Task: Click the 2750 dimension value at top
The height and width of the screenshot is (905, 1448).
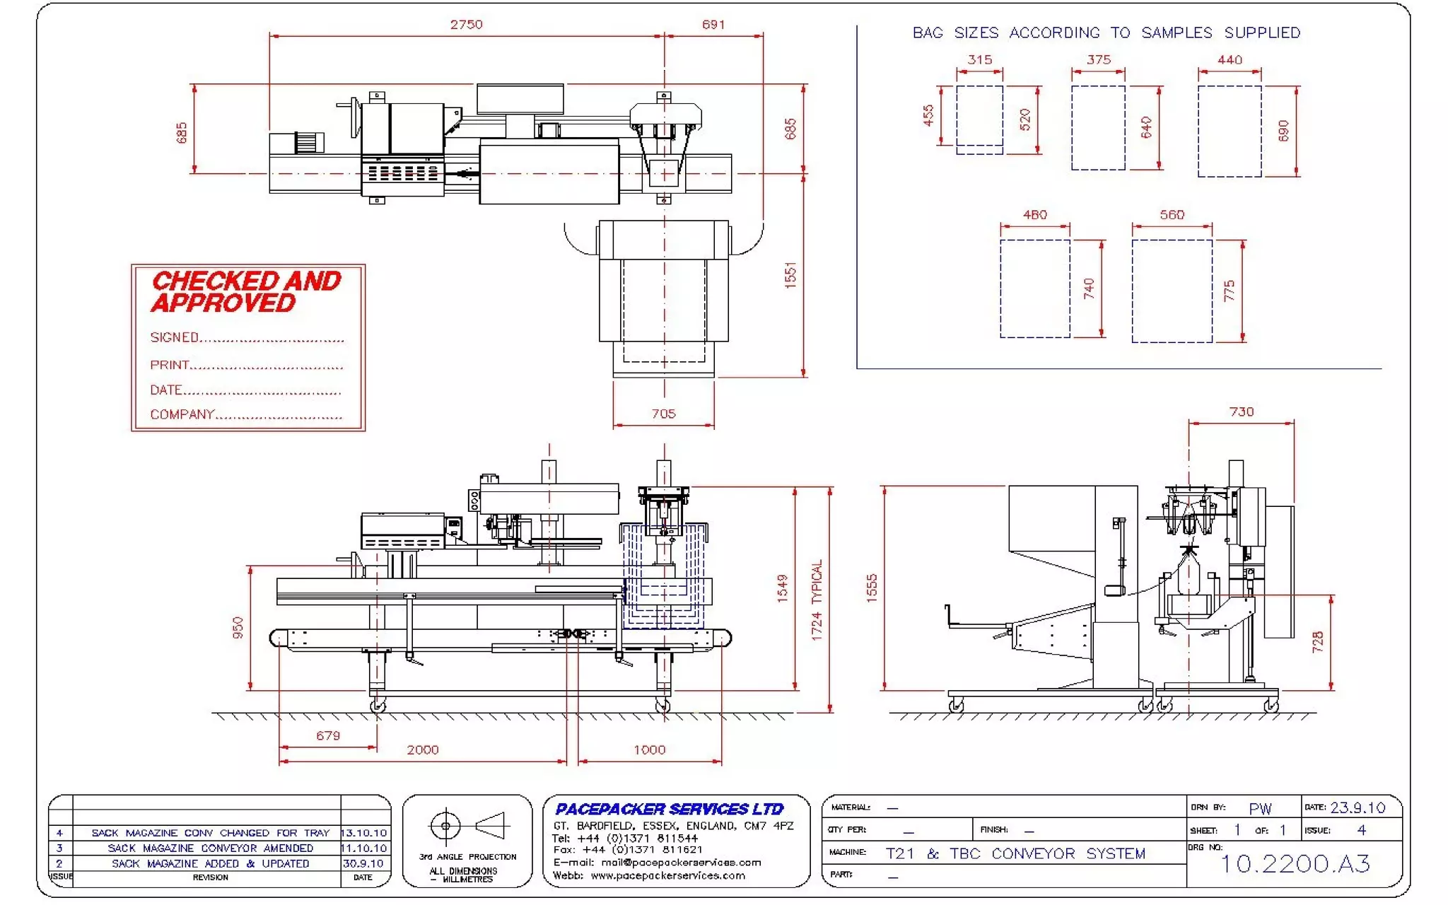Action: tap(466, 25)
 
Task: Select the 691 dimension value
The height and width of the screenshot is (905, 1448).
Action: tap(713, 25)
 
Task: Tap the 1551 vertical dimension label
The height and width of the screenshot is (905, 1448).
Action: tap(790, 275)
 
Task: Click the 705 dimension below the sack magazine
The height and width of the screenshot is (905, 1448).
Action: tap(663, 414)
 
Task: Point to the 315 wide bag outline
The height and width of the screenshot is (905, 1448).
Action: tap(979, 119)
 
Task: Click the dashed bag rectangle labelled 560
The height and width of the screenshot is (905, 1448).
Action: tap(1172, 291)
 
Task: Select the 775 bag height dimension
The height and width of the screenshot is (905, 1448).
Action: tap(1229, 291)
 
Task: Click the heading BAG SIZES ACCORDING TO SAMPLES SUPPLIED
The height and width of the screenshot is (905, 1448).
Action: tap(1106, 33)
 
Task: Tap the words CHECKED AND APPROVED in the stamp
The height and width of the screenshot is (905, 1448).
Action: tap(245, 291)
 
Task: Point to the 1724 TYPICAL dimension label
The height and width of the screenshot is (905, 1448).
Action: tap(817, 600)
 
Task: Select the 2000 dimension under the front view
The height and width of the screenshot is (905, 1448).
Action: tap(422, 749)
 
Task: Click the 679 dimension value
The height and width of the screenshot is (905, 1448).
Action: tap(328, 735)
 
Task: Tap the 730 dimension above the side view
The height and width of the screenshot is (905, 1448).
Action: tap(1241, 411)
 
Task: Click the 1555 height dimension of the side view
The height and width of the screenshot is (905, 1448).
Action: tap(871, 588)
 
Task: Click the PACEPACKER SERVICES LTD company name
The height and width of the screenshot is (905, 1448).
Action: tap(669, 809)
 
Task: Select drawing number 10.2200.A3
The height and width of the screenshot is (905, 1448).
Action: tap(1295, 863)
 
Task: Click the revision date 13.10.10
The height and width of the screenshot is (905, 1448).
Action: tap(364, 833)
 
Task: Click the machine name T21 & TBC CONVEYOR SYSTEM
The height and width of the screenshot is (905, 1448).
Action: tap(1015, 853)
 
